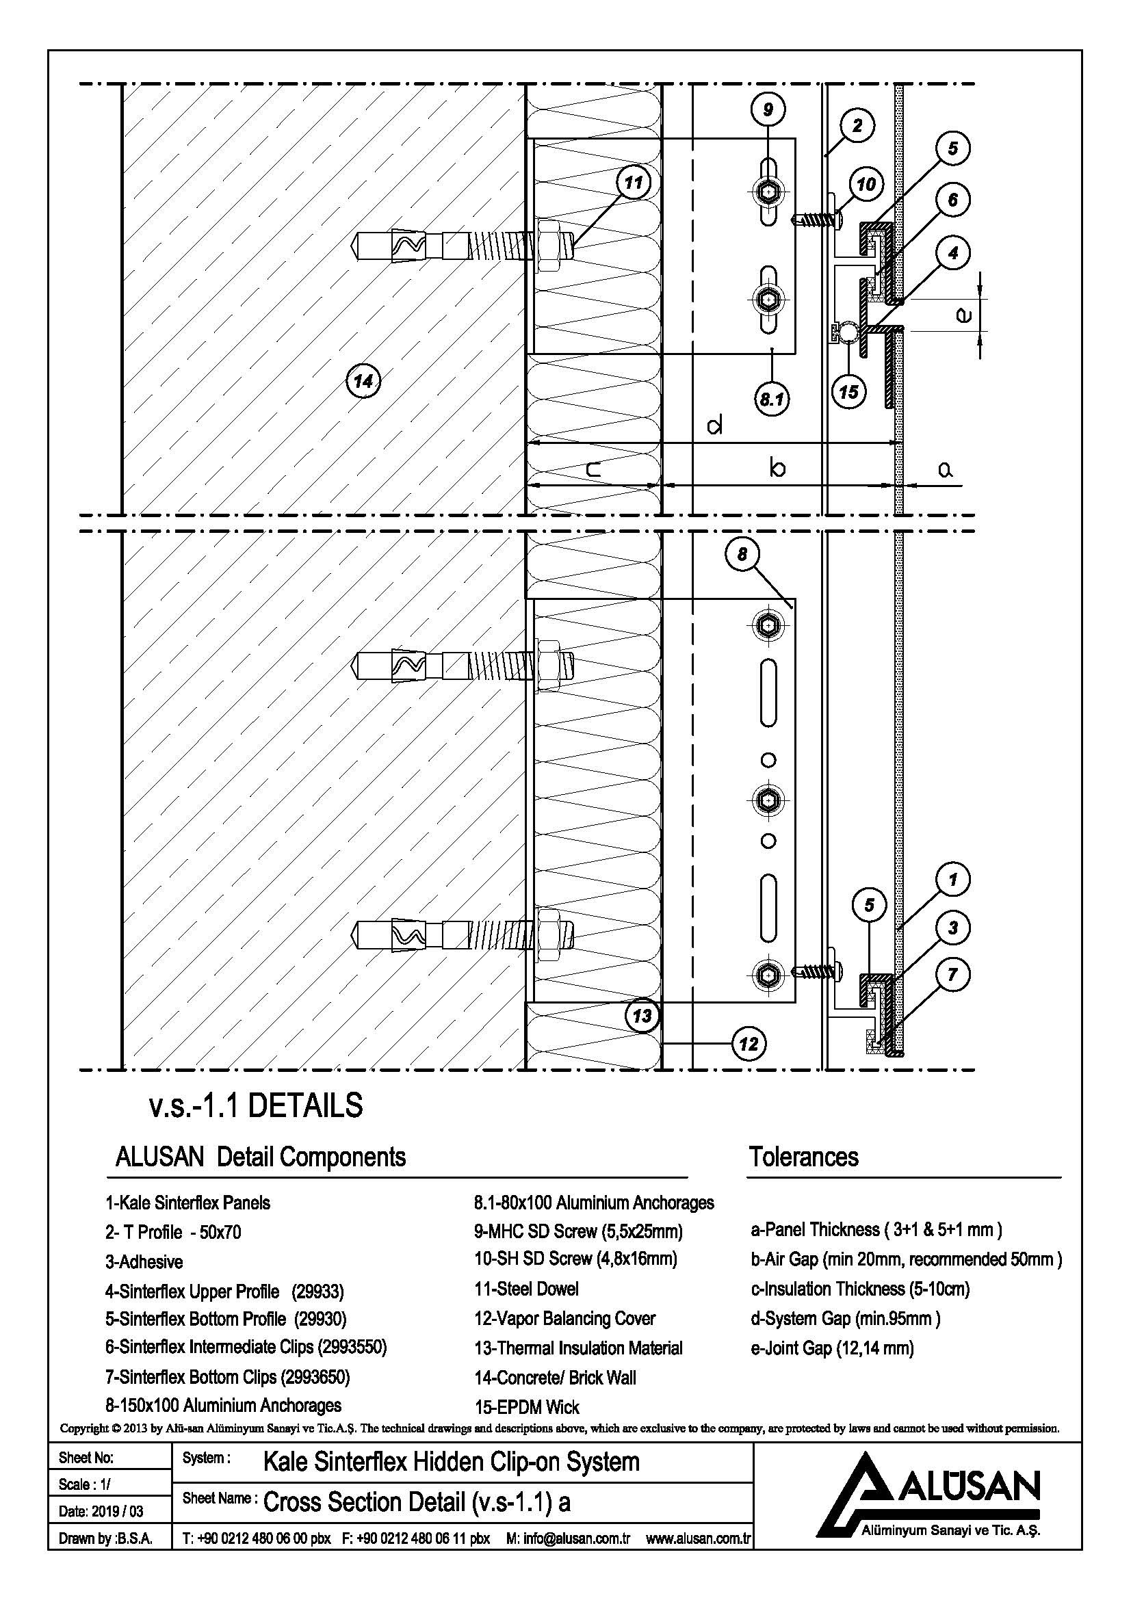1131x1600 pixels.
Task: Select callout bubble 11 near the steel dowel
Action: pyautogui.click(x=633, y=183)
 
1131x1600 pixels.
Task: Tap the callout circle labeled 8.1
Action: pyautogui.click(x=771, y=399)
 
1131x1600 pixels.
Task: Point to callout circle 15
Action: pyautogui.click(x=849, y=392)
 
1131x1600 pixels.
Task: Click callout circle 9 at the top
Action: pyautogui.click(x=768, y=109)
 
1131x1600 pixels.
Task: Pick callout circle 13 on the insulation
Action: pyautogui.click(x=642, y=1015)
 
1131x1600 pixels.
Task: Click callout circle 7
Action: pyautogui.click(x=952, y=974)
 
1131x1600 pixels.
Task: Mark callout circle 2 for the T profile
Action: pyautogui.click(x=857, y=125)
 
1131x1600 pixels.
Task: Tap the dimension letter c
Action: pyautogui.click(x=593, y=471)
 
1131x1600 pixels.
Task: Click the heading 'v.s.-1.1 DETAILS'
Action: pyautogui.click(x=257, y=1106)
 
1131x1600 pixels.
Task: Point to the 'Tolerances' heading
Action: pyautogui.click(x=803, y=1157)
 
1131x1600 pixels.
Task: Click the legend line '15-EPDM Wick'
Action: pyautogui.click(x=527, y=1407)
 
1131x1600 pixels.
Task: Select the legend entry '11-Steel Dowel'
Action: pyautogui.click(x=527, y=1289)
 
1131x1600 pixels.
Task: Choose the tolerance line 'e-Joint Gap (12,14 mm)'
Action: pyautogui.click(x=832, y=1348)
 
